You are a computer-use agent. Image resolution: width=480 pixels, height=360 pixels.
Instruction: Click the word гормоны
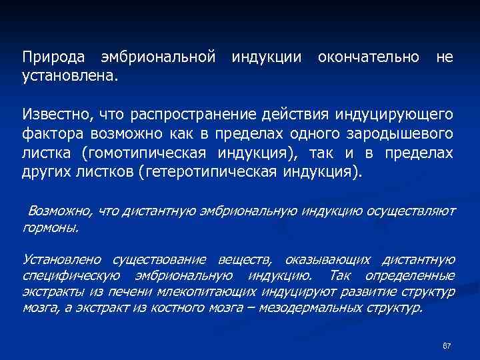click(x=51, y=227)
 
